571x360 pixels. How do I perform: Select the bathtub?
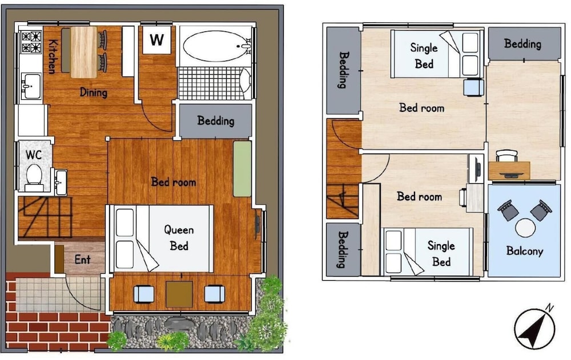click(216, 46)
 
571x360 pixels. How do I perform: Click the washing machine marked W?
click(156, 39)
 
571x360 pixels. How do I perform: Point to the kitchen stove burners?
click(31, 42)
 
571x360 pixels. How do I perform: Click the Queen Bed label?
click(179, 238)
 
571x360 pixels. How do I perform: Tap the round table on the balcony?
click(525, 228)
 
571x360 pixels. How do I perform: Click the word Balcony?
click(524, 251)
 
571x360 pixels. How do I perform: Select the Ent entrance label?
click(82, 260)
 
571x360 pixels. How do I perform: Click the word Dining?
click(94, 92)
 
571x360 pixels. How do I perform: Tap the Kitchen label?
click(53, 56)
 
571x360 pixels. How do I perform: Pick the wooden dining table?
click(84, 52)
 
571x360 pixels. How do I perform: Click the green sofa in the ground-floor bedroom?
click(242, 168)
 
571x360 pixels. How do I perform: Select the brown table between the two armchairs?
click(179, 294)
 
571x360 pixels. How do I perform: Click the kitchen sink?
click(31, 86)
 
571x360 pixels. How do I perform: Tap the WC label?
click(34, 155)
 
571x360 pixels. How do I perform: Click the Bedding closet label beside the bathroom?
click(216, 120)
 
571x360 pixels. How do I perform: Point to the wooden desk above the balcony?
click(509, 171)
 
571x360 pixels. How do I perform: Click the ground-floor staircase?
click(45, 217)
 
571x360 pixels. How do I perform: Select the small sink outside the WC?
click(61, 182)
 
